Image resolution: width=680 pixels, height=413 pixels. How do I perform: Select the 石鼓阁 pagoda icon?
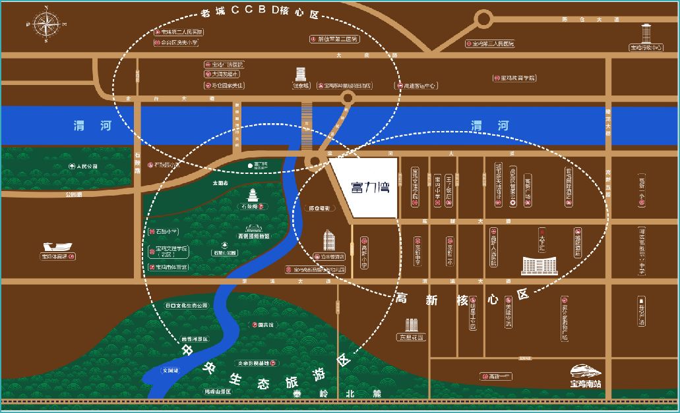255,195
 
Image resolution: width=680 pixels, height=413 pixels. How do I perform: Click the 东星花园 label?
410,337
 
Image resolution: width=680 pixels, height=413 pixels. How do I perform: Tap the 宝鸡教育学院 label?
513,78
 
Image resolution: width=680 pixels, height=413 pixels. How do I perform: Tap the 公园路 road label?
73,195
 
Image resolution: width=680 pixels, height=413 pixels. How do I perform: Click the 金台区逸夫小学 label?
175,42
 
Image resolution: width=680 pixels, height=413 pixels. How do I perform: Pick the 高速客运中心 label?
416,86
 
